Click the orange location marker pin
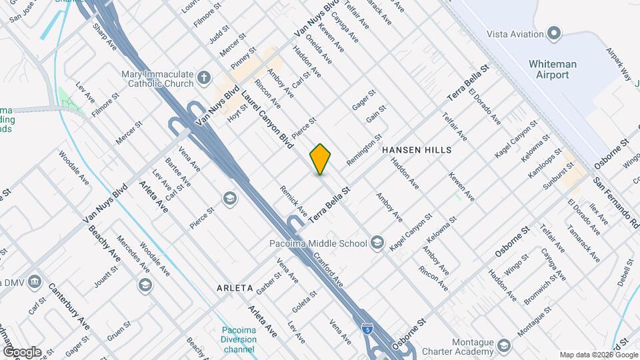[x=321, y=159]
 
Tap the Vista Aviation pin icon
[x=553, y=33]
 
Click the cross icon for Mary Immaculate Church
[x=207, y=80]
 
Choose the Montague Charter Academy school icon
[x=503, y=345]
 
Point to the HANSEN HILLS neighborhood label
[x=417, y=151]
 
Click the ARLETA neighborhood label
[x=235, y=288]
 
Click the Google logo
[x=22, y=352]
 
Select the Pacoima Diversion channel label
[x=238, y=339]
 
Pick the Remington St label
[x=363, y=151]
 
